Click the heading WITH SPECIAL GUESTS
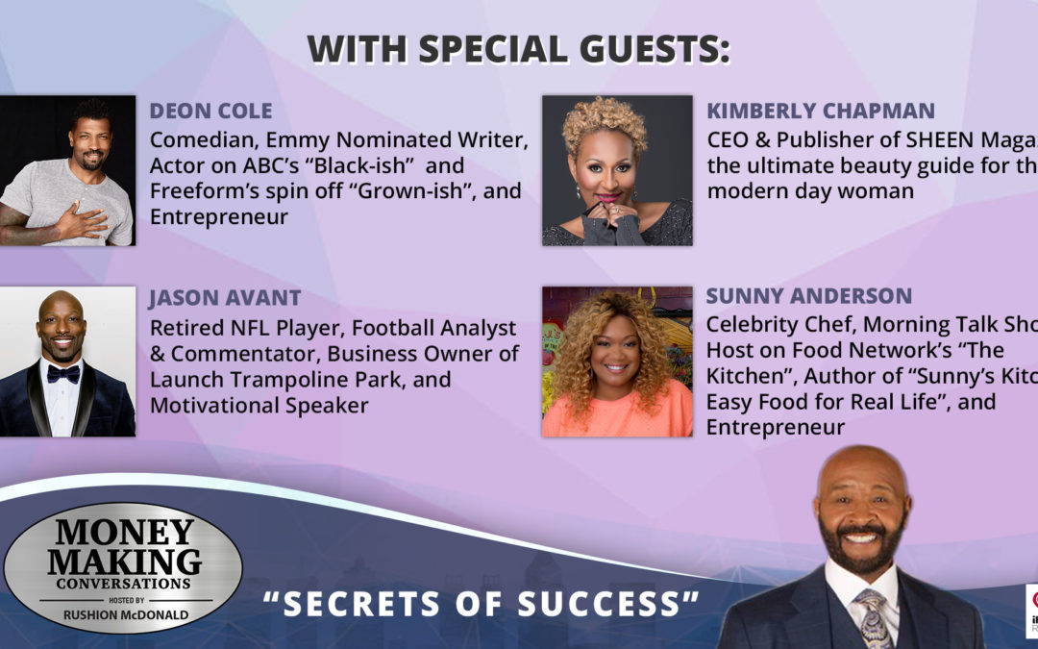518,50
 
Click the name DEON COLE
210,111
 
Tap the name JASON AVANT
226,299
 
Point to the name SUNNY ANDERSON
809,295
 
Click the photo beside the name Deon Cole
67,170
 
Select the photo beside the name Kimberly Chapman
617,170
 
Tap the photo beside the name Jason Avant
67,362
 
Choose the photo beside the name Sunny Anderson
617,362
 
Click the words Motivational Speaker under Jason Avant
259,405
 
